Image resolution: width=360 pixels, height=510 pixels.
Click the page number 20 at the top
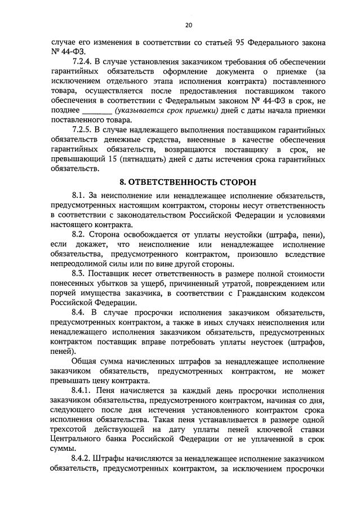188,25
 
